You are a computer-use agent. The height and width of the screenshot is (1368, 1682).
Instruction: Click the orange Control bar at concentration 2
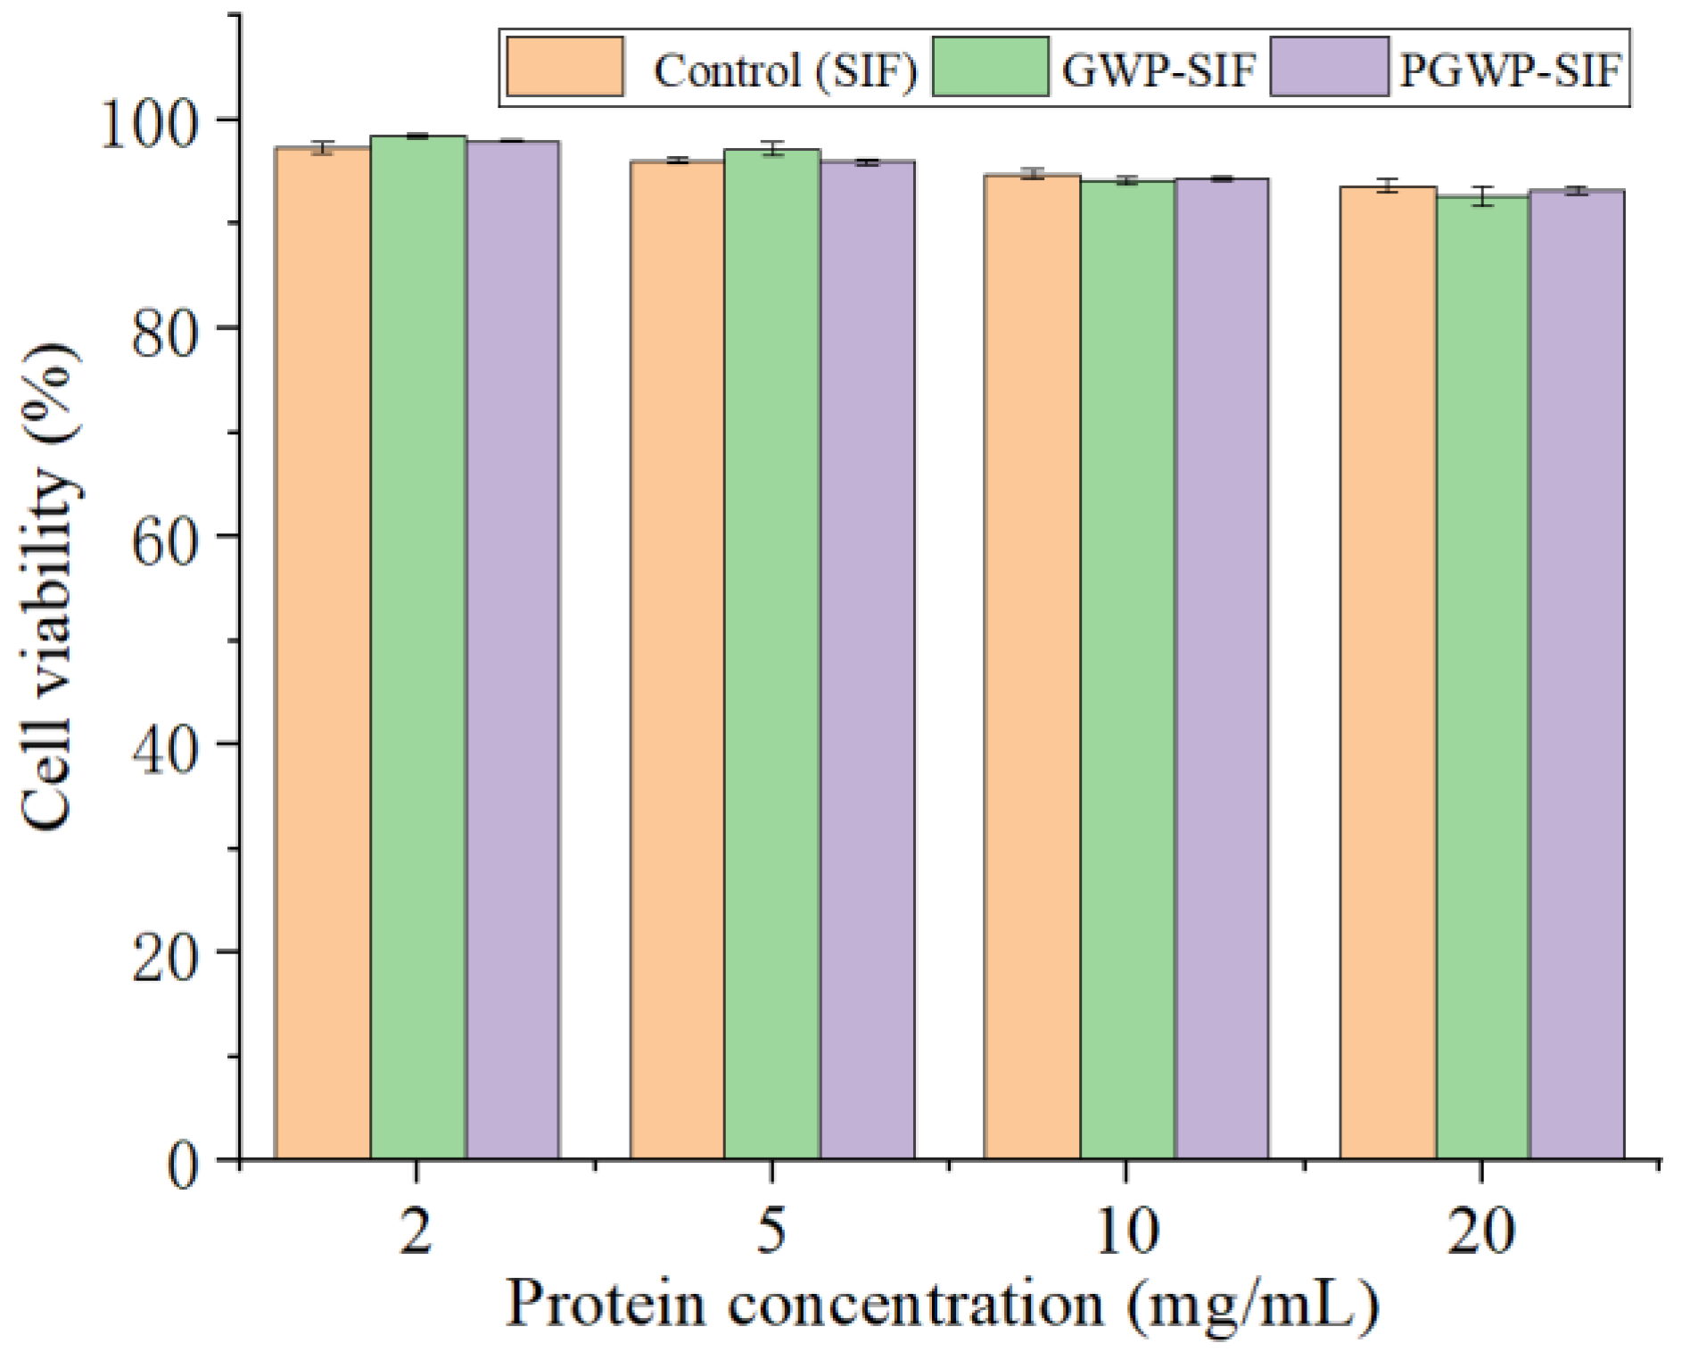(x=322, y=651)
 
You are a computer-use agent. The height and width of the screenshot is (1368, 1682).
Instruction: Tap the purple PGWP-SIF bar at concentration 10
(x=1222, y=669)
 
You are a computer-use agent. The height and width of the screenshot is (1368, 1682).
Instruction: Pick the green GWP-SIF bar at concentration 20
(x=1482, y=678)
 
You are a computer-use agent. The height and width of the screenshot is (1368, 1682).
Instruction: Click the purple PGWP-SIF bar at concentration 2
(x=513, y=651)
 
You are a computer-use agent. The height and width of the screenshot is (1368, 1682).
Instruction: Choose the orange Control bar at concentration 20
(x=1387, y=673)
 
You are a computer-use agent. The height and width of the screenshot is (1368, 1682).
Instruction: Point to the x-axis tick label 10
(x=1125, y=1232)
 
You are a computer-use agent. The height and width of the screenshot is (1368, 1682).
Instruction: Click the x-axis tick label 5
(x=771, y=1232)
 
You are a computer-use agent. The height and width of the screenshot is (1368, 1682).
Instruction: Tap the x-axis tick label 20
(x=1480, y=1232)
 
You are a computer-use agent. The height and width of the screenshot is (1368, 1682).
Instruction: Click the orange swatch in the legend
(x=565, y=67)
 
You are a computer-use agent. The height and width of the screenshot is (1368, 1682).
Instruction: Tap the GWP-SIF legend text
(x=1158, y=70)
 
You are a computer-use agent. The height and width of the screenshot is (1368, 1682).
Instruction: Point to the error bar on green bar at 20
(x=1482, y=197)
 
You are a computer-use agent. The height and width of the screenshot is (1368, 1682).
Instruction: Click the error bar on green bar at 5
(x=771, y=149)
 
